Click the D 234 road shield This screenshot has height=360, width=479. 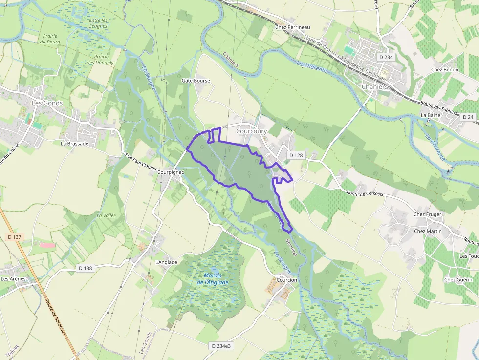(x=386, y=57)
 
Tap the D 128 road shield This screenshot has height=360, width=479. (x=296, y=155)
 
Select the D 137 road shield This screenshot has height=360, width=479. (x=15, y=237)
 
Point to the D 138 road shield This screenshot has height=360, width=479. (x=86, y=268)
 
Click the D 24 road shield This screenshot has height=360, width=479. (x=468, y=117)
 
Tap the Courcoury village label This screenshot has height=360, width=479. (x=251, y=131)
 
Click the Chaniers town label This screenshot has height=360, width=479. (x=375, y=87)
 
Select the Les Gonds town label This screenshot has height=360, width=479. (x=44, y=103)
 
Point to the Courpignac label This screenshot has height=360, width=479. (x=171, y=172)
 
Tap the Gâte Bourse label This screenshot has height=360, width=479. (x=196, y=81)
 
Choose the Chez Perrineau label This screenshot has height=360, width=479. (x=293, y=28)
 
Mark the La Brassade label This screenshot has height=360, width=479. (x=74, y=144)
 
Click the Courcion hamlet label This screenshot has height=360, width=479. (x=286, y=280)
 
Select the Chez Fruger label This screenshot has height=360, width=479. (x=427, y=214)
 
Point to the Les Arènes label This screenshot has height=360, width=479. (x=13, y=279)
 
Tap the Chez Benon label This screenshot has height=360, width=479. (x=444, y=70)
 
